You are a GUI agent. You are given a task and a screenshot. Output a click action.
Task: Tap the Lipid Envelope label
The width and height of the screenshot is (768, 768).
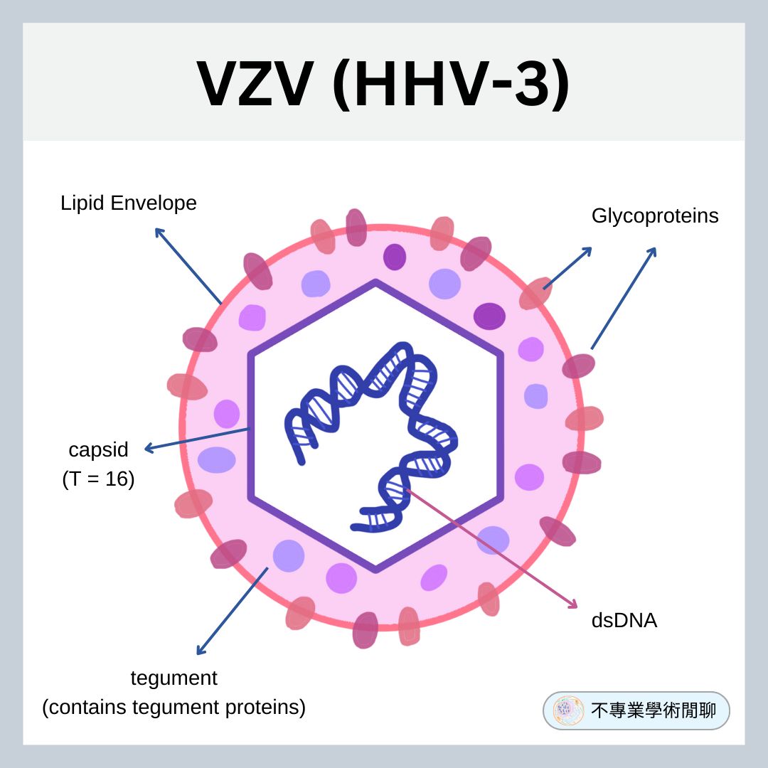tap(128, 203)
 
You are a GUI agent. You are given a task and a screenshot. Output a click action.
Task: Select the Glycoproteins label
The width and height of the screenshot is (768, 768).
tap(654, 216)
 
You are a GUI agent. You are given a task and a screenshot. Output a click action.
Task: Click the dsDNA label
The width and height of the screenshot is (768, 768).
tap(624, 621)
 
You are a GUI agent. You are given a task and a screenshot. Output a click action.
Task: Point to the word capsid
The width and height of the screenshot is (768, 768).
tap(98, 450)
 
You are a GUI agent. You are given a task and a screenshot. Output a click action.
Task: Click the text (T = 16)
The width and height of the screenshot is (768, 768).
tap(98, 479)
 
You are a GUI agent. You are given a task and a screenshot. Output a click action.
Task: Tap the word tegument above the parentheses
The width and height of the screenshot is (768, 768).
tap(174, 678)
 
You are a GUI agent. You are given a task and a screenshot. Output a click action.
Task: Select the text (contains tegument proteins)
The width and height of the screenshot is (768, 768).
tap(174, 708)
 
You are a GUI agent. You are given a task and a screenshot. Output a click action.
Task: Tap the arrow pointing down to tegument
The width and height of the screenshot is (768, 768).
tap(232, 611)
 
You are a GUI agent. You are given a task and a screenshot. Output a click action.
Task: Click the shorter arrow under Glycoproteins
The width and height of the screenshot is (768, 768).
tap(567, 268)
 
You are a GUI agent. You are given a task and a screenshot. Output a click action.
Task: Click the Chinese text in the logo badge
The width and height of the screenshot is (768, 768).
tap(654, 710)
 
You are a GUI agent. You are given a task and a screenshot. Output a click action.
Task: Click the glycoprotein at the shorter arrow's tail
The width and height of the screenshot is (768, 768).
tap(535, 294)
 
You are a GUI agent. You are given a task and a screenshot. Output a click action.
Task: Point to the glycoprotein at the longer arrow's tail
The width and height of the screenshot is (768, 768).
tap(579, 366)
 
